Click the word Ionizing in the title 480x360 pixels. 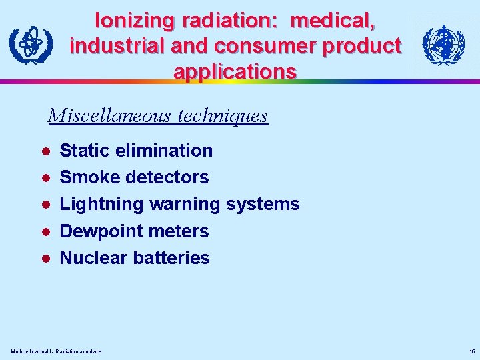coord(132,21)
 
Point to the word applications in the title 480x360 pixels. coord(235,71)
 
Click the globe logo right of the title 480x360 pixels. coord(444,45)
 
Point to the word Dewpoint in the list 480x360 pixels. coord(101,231)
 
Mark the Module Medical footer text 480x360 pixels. coord(57,351)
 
